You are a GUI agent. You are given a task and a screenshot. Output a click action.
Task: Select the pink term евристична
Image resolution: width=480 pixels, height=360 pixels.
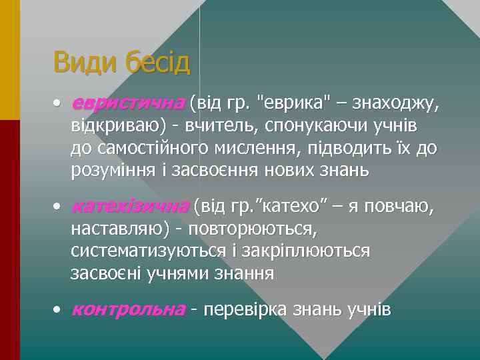pos(127,103)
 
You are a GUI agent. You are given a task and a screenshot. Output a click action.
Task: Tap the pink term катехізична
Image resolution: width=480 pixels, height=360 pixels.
pos(130,207)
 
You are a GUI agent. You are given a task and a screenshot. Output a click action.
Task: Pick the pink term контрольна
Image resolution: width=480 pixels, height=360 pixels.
pos(127,310)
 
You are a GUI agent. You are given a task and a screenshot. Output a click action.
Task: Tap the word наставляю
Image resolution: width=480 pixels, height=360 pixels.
pos(122,230)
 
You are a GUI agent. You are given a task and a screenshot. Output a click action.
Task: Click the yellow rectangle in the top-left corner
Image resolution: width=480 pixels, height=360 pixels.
pos(10,60)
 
